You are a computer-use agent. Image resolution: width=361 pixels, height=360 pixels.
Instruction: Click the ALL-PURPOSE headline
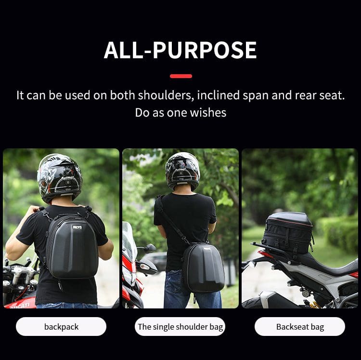180,50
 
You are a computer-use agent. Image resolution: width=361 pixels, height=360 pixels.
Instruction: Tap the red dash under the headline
181,76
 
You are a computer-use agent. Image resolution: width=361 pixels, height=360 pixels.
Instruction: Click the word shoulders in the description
166,95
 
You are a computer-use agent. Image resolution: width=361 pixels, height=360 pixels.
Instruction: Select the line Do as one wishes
180,113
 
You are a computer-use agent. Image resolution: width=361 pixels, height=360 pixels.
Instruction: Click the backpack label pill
61,326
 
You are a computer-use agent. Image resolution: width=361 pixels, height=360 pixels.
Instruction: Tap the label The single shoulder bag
180,326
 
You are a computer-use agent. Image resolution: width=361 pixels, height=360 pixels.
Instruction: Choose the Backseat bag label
300,326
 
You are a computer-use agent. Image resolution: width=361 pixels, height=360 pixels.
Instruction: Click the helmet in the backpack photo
59,178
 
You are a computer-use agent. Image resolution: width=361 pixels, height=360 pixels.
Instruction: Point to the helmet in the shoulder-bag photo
182,171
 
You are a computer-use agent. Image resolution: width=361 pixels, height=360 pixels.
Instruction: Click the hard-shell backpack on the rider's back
72,246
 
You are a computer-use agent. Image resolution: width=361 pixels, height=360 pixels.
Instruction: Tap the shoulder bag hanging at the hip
203,267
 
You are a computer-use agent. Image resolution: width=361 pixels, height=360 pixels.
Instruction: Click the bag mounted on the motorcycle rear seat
288,233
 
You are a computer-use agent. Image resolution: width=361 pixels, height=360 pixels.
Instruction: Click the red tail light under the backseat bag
265,254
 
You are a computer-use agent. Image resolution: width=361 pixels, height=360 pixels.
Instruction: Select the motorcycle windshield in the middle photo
129,240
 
